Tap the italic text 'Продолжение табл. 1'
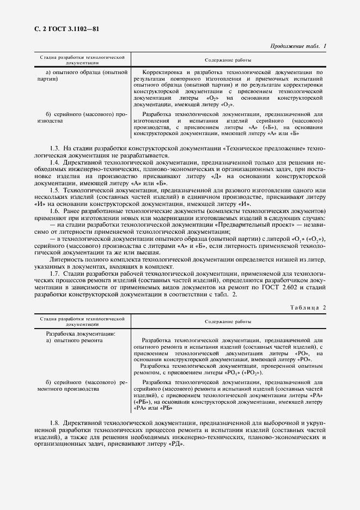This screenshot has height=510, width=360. [x=298, y=46]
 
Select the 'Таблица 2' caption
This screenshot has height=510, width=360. [x=308, y=307]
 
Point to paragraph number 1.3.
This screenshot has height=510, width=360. [x=54, y=148]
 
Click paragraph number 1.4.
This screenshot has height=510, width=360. [x=54, y=162]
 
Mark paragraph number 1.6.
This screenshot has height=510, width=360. [x=54, y=210]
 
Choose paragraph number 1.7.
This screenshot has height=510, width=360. [x=54, y=274]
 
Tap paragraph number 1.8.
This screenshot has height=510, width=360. [x=54, y=423]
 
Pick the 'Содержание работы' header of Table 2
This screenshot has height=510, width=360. [x=228, y=322]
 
